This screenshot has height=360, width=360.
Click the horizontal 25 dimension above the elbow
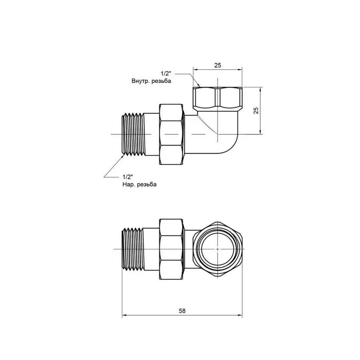(x=218, y=65)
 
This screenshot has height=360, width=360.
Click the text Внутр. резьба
(x=151, y=81)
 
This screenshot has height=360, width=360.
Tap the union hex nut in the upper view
(x=172, y=134)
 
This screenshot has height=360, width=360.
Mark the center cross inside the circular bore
(x=218, y=248)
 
